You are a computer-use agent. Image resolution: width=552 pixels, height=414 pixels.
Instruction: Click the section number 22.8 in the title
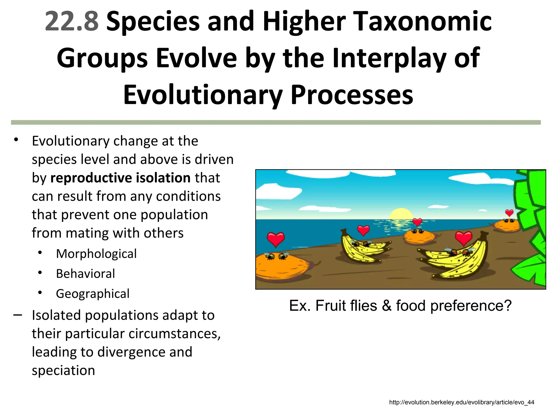72,21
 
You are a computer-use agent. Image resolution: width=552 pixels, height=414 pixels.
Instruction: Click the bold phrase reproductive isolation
120,178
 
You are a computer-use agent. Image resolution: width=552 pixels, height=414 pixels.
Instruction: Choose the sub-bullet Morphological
96,254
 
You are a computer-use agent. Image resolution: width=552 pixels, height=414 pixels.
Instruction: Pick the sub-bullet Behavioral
85,274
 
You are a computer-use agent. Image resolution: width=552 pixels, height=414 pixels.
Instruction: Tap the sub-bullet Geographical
93,294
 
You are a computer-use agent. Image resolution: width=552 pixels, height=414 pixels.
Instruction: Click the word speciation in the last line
64,371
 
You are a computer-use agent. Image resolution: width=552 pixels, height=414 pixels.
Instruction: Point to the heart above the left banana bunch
363,230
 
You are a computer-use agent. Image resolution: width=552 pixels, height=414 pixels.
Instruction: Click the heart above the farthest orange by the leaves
509,213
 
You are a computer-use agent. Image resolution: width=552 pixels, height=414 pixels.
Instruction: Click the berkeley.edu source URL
461,402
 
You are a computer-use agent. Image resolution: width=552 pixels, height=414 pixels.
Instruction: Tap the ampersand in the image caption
387,306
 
